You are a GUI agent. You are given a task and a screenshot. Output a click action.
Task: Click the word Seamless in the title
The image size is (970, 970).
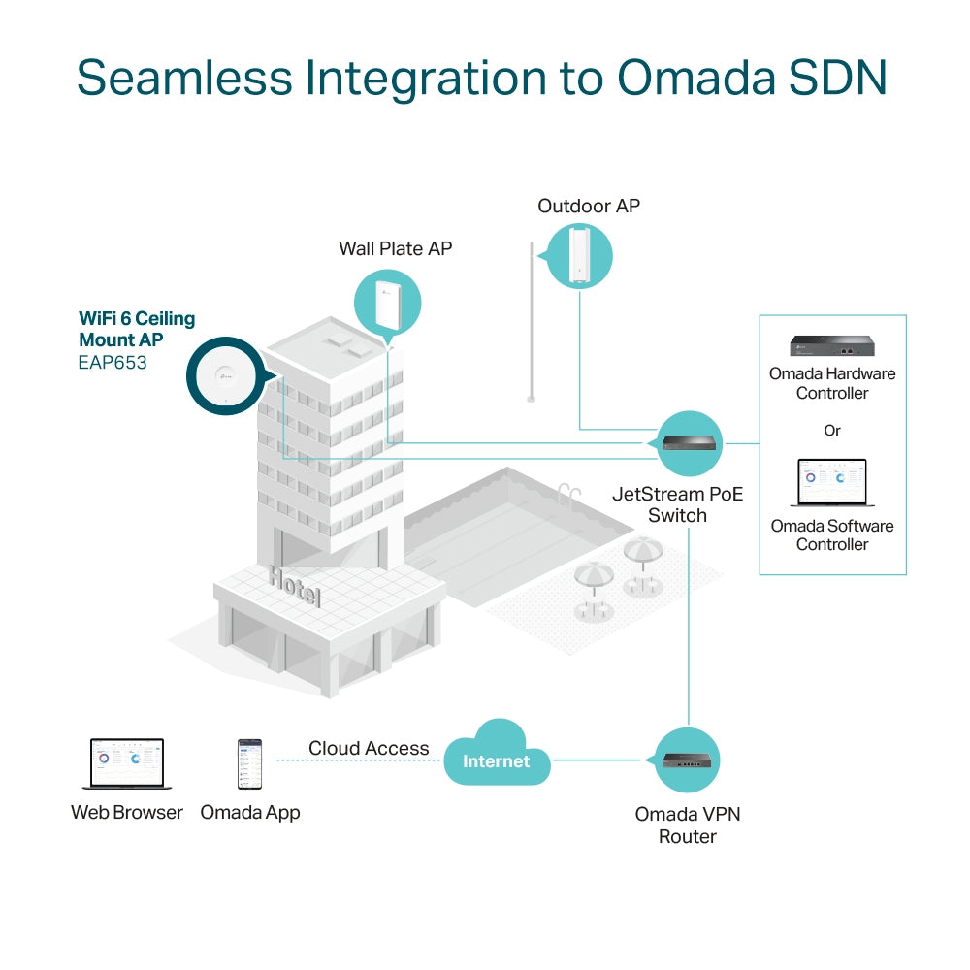click(181, 78)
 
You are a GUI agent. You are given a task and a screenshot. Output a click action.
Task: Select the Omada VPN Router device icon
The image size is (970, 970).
click(688, 760)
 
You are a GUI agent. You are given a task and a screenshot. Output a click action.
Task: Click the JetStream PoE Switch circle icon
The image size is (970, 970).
click(690, 443)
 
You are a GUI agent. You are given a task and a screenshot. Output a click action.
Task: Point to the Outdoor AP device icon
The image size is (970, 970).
click(579, 254)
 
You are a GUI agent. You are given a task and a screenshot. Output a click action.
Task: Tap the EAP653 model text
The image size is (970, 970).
click(113, 364)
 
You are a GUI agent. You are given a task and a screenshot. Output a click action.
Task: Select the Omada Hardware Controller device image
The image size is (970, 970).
click(831, 347)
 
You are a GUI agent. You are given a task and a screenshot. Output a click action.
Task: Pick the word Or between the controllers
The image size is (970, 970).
click(831, 430)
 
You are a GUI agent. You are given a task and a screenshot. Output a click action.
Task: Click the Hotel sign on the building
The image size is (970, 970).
click(295, 587)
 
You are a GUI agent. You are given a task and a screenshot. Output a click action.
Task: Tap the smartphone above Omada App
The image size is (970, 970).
click(249, 764)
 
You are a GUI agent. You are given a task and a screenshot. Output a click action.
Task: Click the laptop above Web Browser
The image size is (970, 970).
click(126, 764)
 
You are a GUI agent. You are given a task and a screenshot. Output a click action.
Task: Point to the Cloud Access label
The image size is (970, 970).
click(369, 748)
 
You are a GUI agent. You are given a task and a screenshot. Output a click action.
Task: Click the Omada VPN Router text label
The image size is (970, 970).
click(688, 824)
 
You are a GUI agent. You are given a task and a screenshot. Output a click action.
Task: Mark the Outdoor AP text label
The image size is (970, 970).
click(589, 206)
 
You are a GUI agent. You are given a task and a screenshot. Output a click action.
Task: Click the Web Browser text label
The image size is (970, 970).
click(126, 813)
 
